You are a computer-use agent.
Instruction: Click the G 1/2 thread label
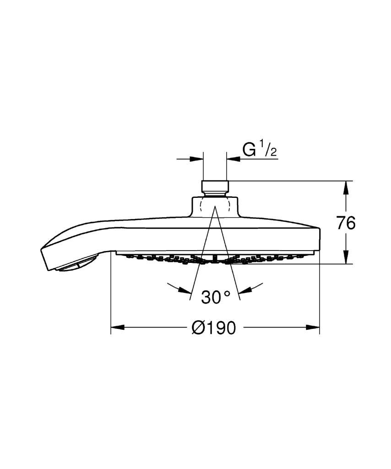point(260,150)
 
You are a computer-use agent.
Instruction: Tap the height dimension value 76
point(346,223)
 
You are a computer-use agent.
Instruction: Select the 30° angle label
point(216,297)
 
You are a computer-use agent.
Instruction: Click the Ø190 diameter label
point(213,327)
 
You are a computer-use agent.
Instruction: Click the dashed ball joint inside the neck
point(215,205)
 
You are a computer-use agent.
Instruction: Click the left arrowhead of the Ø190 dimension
point(118,327)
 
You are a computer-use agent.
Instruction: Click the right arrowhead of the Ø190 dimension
point(313,327)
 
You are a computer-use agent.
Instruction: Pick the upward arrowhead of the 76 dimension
point(346,187)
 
